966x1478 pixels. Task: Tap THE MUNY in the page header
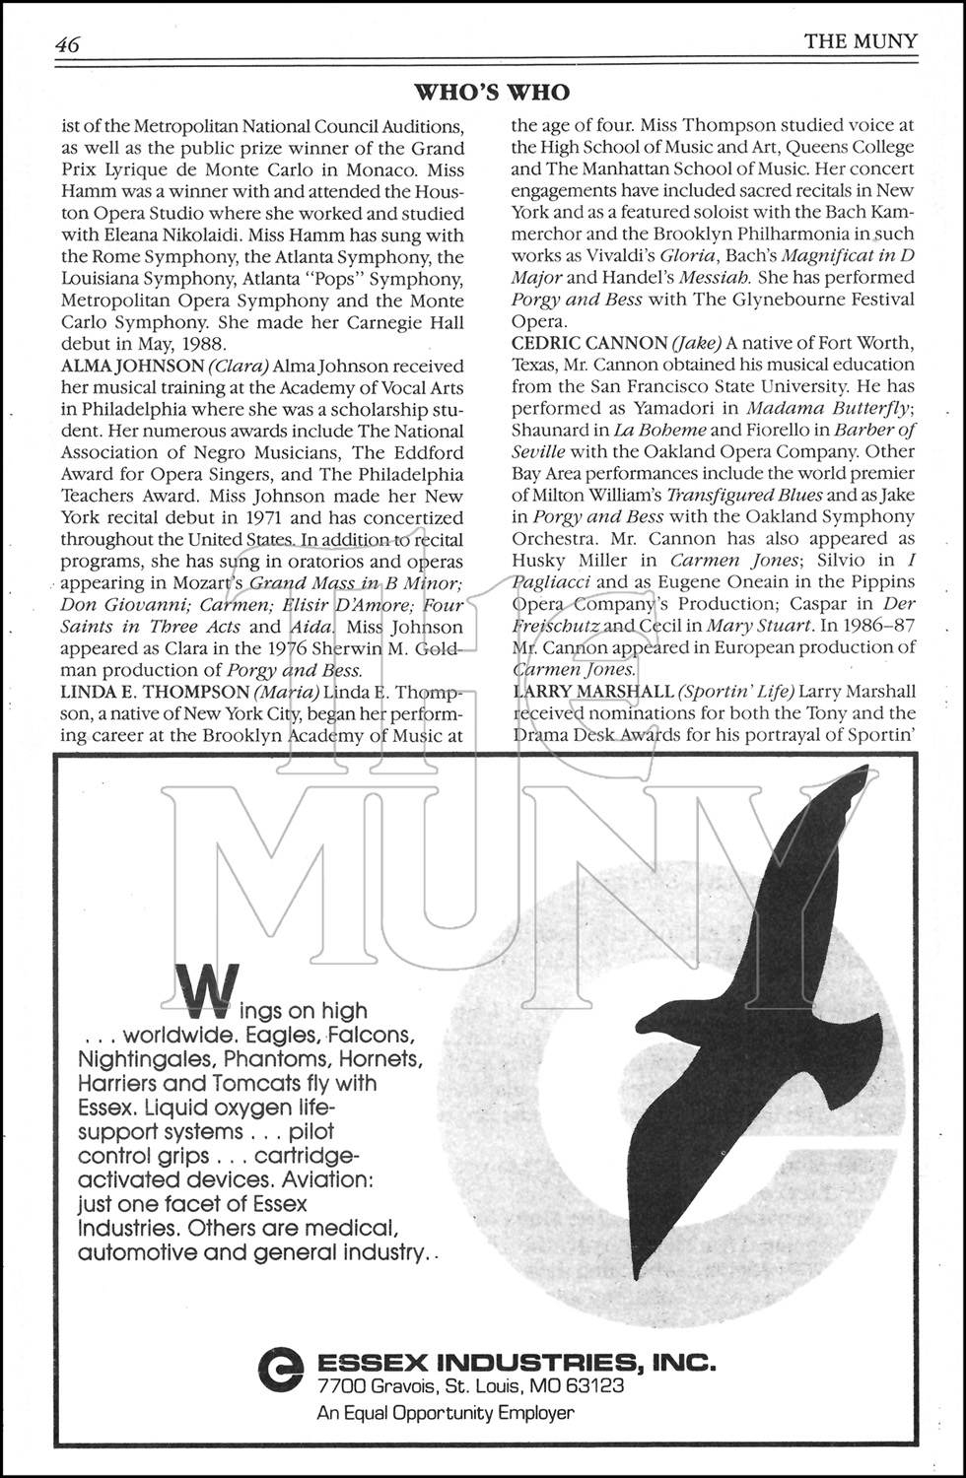coord(861,41)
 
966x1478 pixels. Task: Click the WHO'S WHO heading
coord(491,93)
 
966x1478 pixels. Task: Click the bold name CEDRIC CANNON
coord(588,343)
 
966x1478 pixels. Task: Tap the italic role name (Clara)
coord(237,366)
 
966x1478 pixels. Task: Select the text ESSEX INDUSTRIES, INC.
coord(516,1363)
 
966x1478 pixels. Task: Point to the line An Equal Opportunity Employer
coord(445,1413)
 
